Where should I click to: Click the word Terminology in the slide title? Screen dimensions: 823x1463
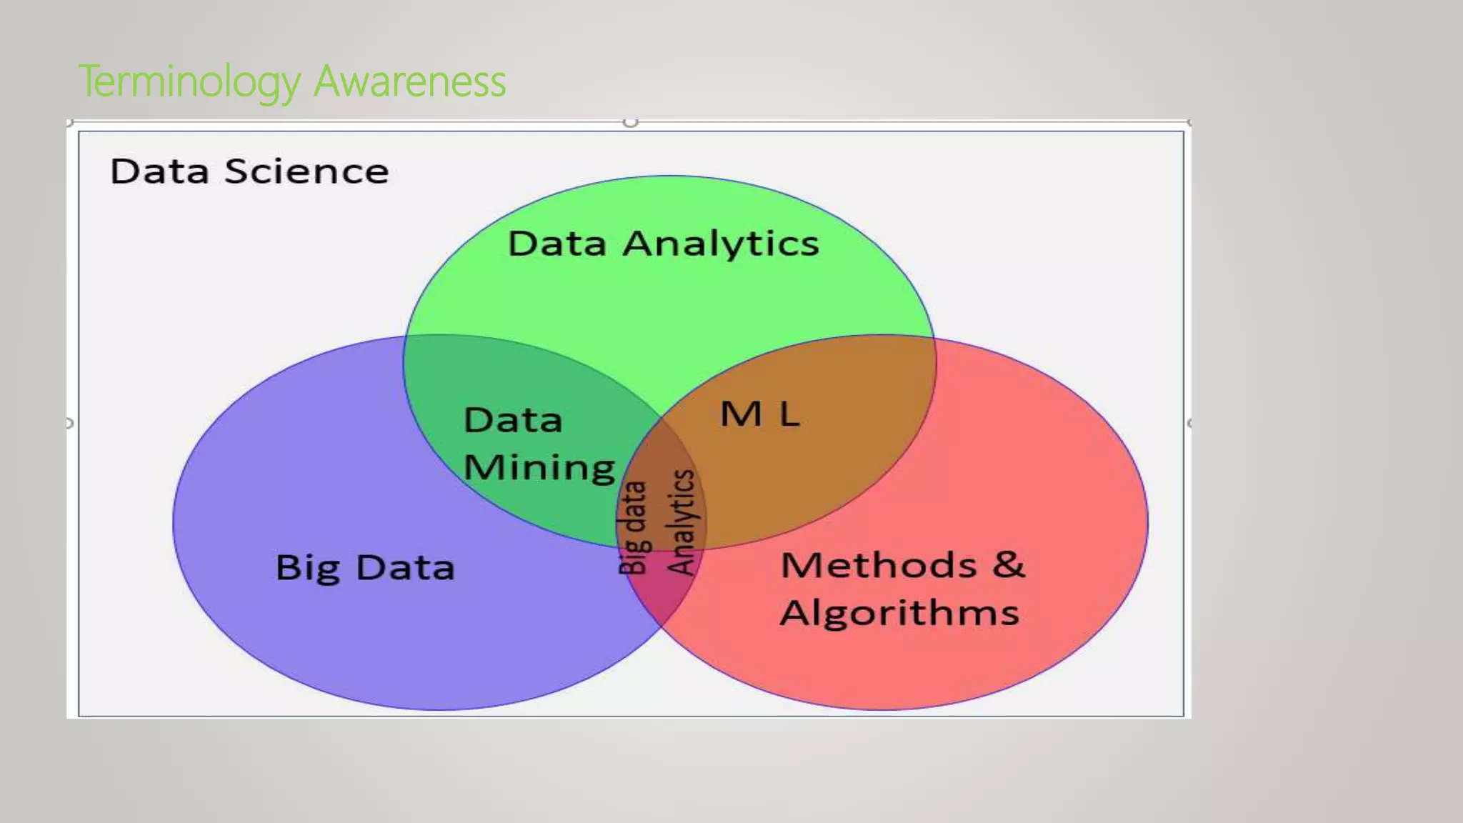pyautogui.click(x=190, y=81)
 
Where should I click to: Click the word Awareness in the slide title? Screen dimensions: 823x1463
pyautogui.click(x=410, y=81)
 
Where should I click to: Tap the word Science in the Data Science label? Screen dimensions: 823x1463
pyautogui.click(x=306, y=171)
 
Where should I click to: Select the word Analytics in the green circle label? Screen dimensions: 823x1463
pyautogui.click(x=721, y=244)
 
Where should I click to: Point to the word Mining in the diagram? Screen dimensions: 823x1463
pyautogui.click(x=539, y=468)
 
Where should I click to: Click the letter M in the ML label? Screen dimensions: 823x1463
pyautogui.click(x=741, y=414)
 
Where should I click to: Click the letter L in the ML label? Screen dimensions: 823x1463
pyautogui.click(x=789, y=414)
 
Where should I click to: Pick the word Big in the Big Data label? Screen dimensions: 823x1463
pyautogui.click(x=308, y=569)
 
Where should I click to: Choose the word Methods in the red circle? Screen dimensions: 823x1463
pyautogui.click(x=879, y=565)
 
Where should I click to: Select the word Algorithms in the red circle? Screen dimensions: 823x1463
pyautogui.click(x=899, y=613)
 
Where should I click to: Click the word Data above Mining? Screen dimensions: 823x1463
pyautogui.click(x=513, y=420)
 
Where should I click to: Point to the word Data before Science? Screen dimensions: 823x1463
pyautogui.click(x=160, y=171)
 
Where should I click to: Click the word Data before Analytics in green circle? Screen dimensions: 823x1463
pyautogui.click(x=557, y=244)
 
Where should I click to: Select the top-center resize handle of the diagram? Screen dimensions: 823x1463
pyautogui.click(x=630, y=122)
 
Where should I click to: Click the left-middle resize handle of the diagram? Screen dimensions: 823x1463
pyautogui.click(x=69, y=423)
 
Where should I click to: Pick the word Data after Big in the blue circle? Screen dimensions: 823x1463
pyautogui.click(x=405, y=568)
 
